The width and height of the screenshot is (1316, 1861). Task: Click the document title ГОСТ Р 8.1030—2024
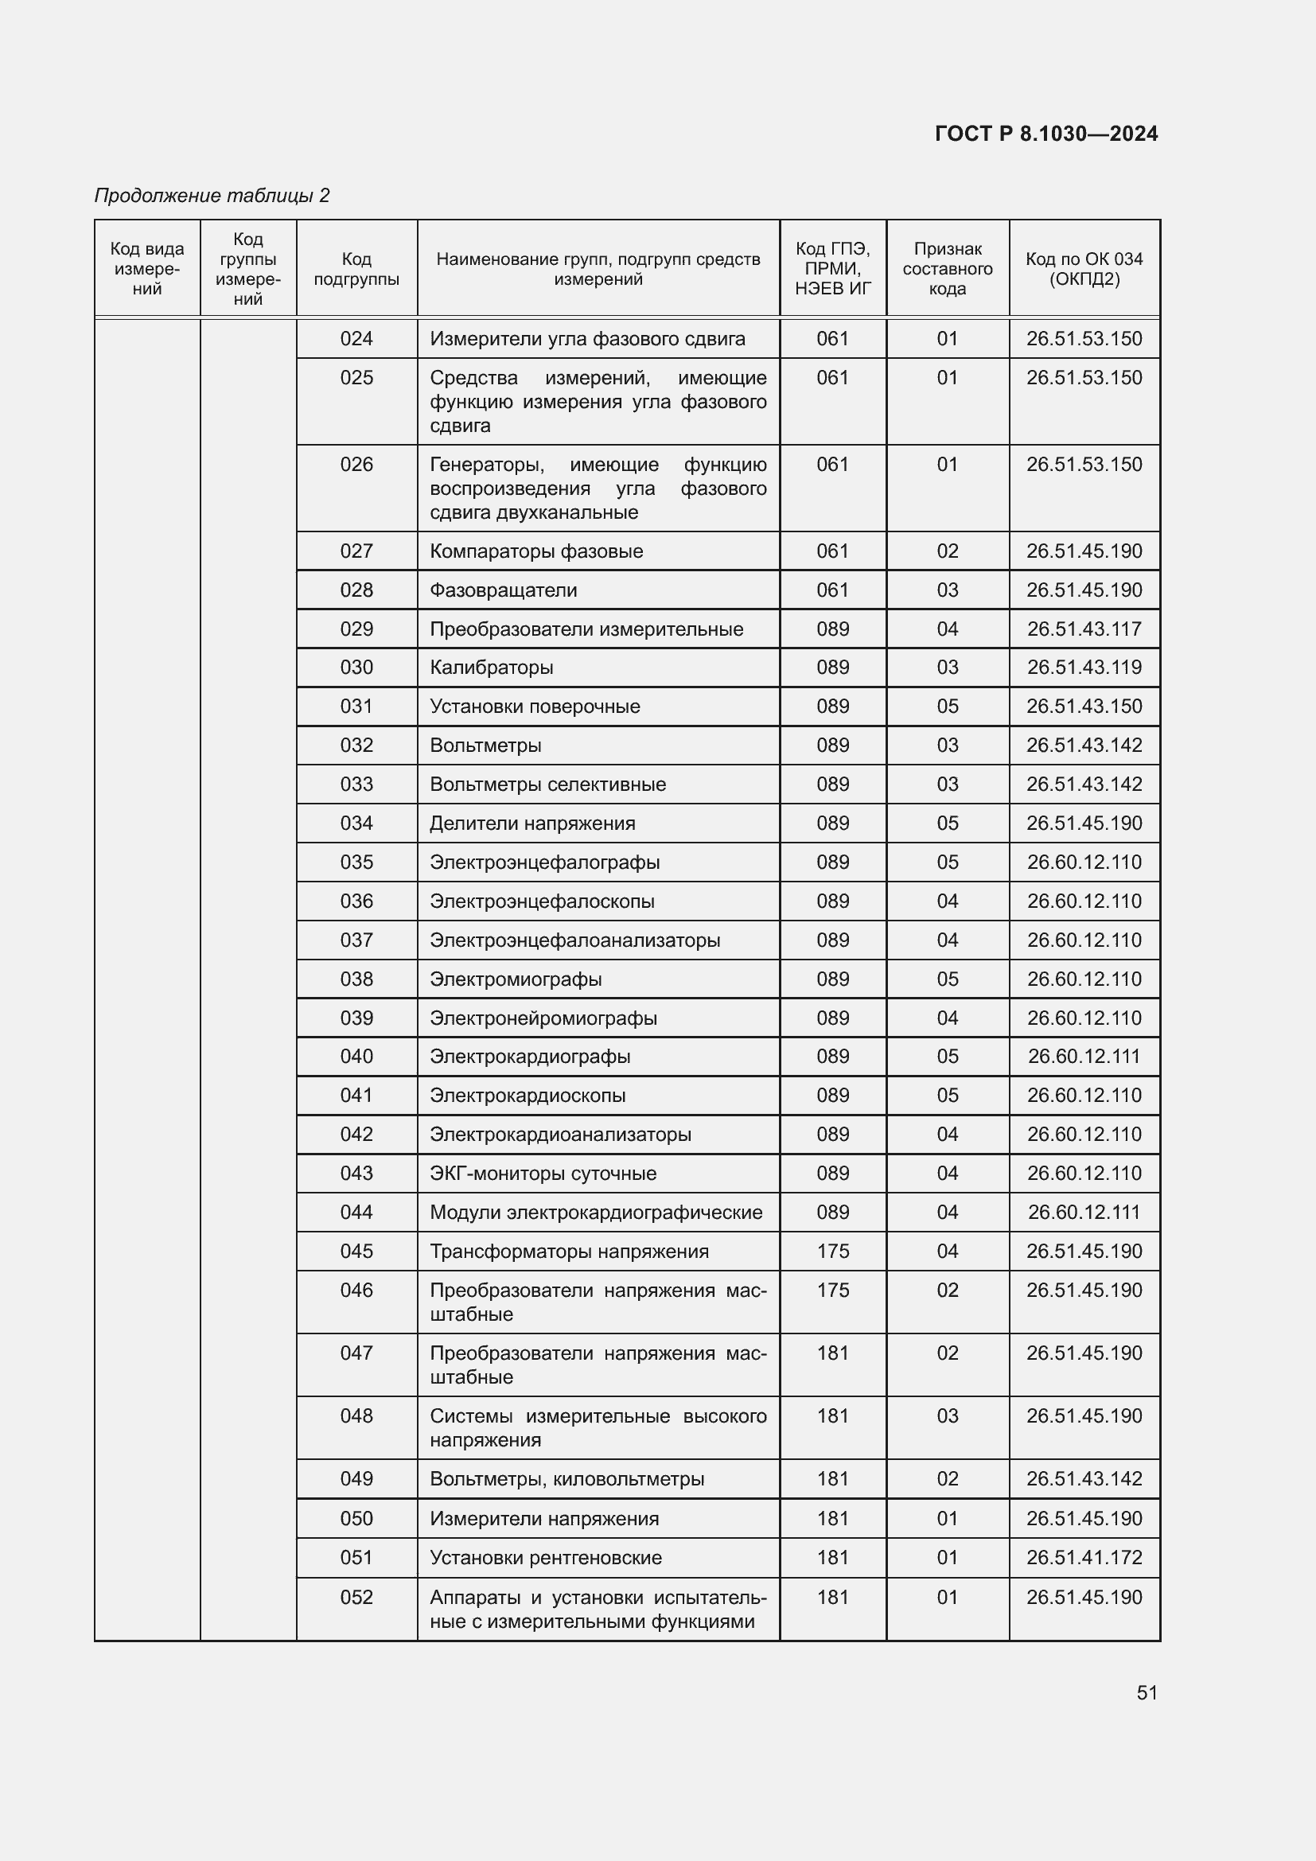pos(1045,134)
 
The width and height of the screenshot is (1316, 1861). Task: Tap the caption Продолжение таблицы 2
pos(212,196)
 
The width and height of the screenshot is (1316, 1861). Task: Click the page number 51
pos(1147,1692)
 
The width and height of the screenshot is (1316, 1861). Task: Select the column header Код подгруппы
pos(356,269)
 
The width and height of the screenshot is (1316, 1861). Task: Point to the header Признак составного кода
pos(948,269)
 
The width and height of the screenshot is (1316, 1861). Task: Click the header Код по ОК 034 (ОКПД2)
pos(1084,269)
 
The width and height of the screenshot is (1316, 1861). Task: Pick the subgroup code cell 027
pos(356,551)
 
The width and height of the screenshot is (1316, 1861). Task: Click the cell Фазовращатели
pos(503,590)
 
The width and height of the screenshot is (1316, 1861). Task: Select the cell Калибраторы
pos(491,668)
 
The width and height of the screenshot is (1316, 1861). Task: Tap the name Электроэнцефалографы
pos(544,862)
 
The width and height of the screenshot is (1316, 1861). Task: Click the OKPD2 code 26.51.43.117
pos(1084,629)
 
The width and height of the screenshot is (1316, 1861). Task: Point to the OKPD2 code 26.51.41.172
pos(1084,1557)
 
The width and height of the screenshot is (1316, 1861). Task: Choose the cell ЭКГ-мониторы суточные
pos(543,1174)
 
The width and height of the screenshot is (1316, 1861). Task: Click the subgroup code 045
pos(356,1252)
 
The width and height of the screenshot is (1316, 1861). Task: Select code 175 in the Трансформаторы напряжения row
pos(833,1252)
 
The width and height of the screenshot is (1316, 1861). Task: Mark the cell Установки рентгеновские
pos(545,1557)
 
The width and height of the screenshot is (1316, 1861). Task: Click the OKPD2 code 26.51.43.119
pos(1084,668)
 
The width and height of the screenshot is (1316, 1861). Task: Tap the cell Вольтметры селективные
pos(547,785)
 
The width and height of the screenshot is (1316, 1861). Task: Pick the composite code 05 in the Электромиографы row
pos(948,979)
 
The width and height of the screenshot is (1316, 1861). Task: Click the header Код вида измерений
pos(147,269)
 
